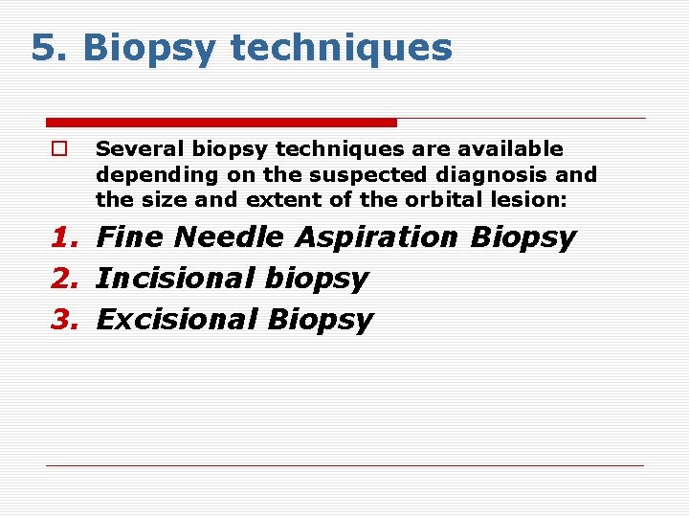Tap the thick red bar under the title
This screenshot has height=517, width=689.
click(221, 123)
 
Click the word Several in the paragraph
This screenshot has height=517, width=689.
click(141, 149)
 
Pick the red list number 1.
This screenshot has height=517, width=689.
click(65, 237)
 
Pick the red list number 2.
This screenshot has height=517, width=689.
click(65, 279)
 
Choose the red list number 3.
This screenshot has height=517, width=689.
click(65, 320)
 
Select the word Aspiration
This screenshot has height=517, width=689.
click(378, 237)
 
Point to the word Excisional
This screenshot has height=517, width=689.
click(178, 320)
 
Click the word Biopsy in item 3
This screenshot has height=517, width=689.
click(321, 320)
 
